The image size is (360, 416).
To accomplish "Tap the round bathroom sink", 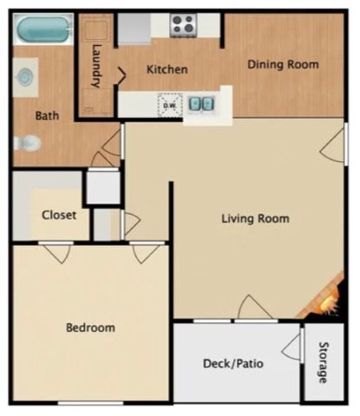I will point(27,77).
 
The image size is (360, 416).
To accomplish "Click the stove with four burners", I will point(184,24).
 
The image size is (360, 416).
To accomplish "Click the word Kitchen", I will point(167,69).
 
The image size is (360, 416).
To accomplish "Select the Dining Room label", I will point(283,64).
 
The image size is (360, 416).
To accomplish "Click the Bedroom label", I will point(90,328).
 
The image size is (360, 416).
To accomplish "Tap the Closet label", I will point(59,215).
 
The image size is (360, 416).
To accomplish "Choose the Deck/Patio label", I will point(232,363).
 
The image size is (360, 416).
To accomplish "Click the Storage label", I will point(323,363).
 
